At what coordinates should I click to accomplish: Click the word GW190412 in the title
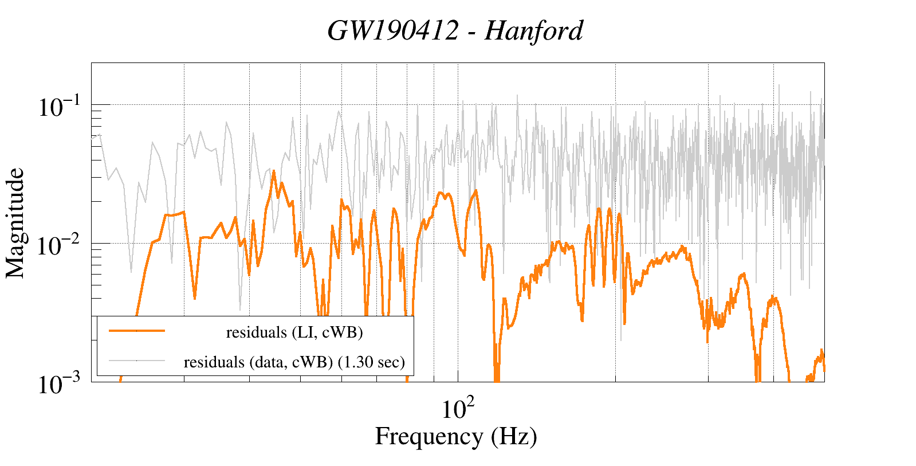[x=393, y=31]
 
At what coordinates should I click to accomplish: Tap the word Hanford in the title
[x=534, y=31]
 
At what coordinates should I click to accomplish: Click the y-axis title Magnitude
[x=15, y=223]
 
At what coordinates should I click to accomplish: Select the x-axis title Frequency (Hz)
[x=456, y=437]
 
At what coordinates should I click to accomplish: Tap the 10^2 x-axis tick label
[x=458, y=409]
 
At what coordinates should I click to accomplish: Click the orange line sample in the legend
[x=137, y=331]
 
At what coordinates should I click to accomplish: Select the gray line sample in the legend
[x=137, y=361]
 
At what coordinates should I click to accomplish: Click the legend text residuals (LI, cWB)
[x=294, y=332]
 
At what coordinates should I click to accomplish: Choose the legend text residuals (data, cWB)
[x=258, y=362]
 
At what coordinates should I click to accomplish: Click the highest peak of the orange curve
[x=274, y=171]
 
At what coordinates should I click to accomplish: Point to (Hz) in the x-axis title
[x=514, y=437]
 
